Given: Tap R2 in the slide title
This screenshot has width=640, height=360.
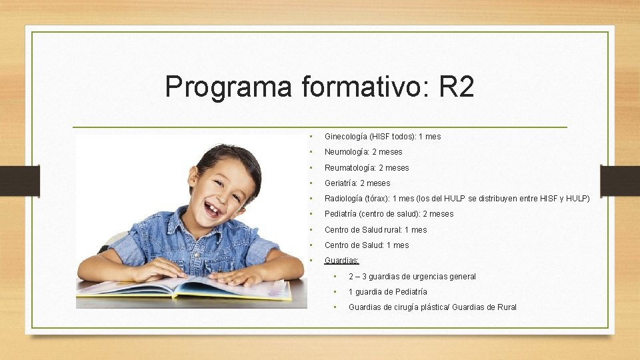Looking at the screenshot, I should click(x=457, y=87).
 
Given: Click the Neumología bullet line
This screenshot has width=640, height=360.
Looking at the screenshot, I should click(x=363, y=152).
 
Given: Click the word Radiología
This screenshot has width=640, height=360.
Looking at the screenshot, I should click(x=345, y=199).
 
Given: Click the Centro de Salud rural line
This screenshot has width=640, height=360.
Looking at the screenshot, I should click(x=375, y=230).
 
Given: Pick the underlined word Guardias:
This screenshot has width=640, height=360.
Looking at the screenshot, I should click(x=341, y=261).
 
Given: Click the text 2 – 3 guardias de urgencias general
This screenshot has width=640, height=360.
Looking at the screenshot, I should click(x=412, y=277).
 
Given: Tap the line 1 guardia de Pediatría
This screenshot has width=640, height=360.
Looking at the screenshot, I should click(x=387, y=292).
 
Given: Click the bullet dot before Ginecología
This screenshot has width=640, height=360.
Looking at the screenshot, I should click(x=310, y=137).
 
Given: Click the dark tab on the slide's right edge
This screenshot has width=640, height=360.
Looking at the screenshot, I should click(x=619, y=180).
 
